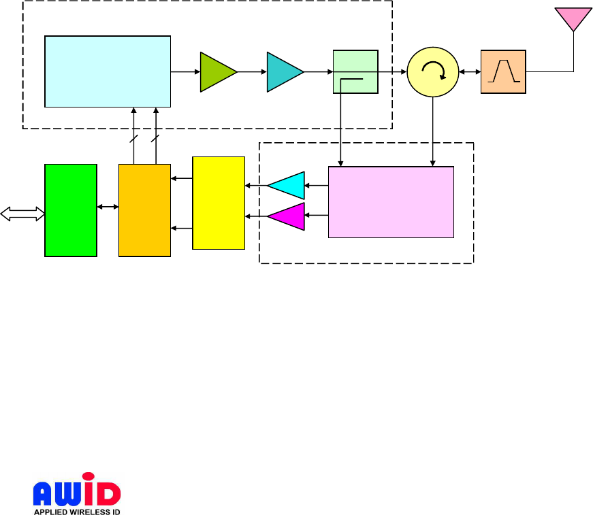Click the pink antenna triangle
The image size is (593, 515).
coord(573,18)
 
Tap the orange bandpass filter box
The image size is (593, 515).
coord(503,71)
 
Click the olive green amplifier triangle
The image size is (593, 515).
coord(216,71)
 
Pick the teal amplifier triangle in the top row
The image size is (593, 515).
coord(283,71)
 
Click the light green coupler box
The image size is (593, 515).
coord(355,71)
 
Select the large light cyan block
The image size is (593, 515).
coord(108,71)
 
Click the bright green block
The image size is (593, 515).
coord(70,210)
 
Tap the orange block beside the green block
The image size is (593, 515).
coord(144,210)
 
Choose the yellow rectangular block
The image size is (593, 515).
coord(219,203)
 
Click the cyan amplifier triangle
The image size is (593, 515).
coord(287,184)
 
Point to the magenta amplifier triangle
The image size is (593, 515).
coord(287,216)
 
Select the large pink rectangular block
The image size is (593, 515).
coord(391,202)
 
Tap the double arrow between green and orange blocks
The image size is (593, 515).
coord(108,206)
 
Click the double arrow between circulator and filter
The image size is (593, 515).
coord(470,71)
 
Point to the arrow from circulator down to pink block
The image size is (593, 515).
coord(434,129)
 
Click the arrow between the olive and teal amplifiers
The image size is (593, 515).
coord(252,71)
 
